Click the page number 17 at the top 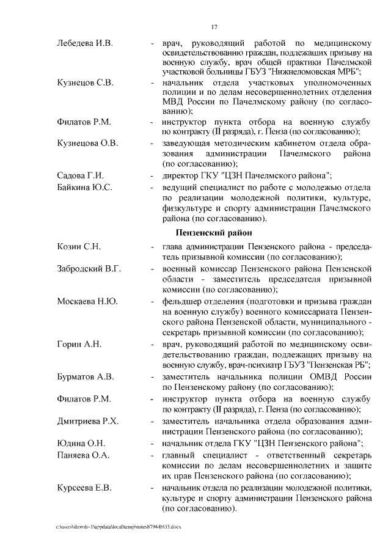[x=214, y=27]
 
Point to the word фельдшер [x=181, y=301]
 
